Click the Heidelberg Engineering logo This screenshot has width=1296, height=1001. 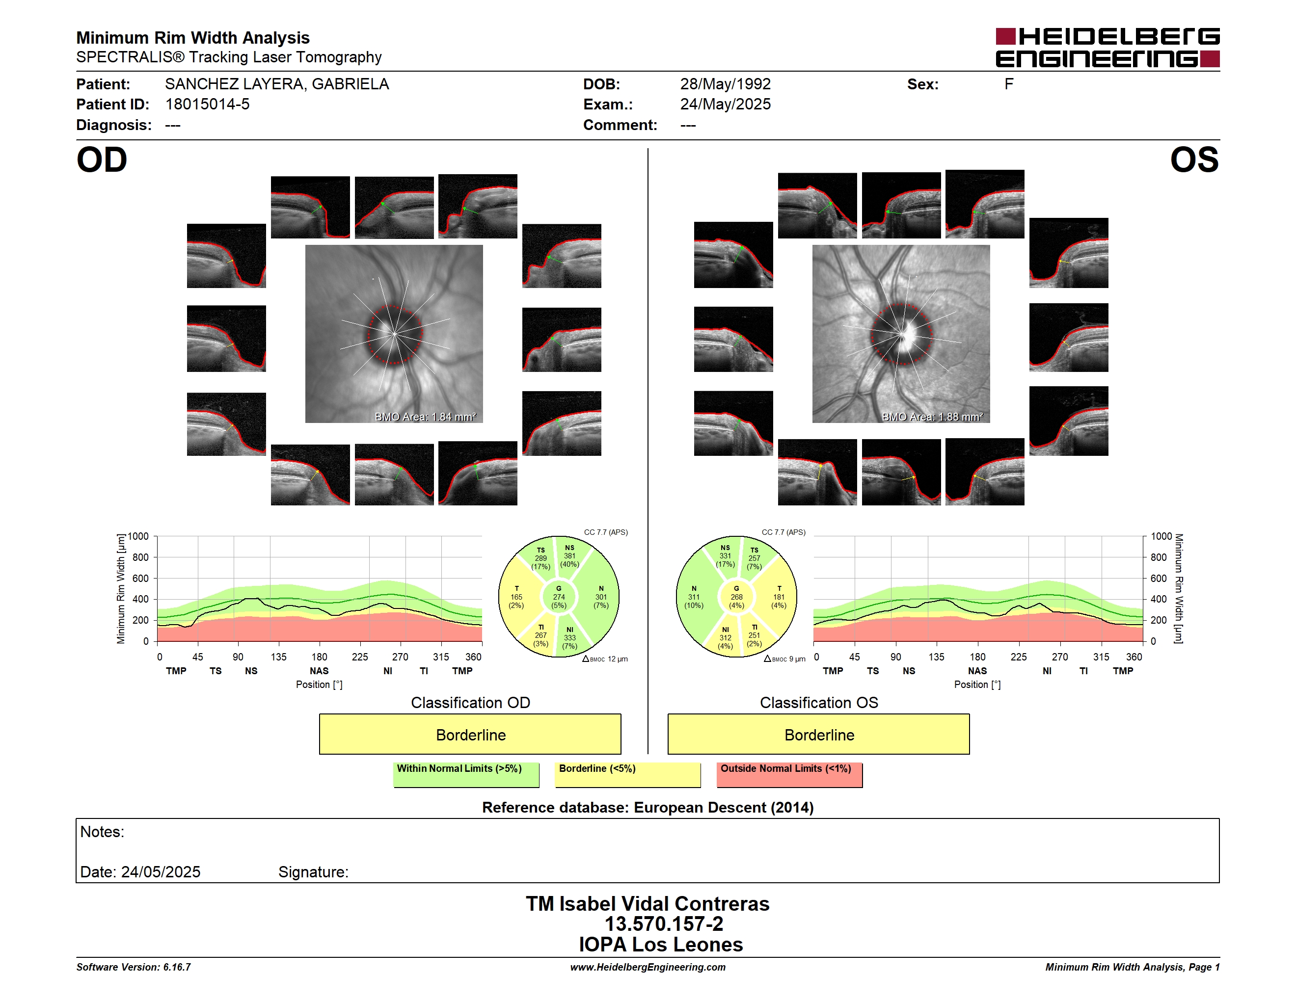[x=1107, y=48]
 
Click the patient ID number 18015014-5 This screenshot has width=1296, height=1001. [x=207, y=105]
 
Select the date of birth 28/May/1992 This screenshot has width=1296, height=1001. [x=725, y=84]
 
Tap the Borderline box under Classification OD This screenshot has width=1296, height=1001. [x=470, y=734]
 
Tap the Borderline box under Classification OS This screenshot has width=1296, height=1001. [x=819, y=734]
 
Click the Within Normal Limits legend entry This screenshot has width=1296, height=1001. [x=466, y=774]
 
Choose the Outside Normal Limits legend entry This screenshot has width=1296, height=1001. [x=789, y=774]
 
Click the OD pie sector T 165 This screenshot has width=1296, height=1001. [x=516, y=597]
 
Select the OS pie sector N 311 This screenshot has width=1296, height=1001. [x=694, y=597]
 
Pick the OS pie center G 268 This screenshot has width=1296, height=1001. [x=736, y=597]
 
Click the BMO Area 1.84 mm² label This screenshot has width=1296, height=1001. [x=426, y=417]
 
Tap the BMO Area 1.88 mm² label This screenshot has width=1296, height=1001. [x=932, y=417]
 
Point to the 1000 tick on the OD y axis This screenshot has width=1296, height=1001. [x=138, y=536]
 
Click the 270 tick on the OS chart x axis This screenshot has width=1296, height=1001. [x=1060, y=657]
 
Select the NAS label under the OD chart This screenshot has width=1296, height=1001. [x=319, y=671]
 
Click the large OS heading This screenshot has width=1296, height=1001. [x=1194, y=159]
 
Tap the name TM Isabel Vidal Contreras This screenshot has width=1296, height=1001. [x=648, y=903]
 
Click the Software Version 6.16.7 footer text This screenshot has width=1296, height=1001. [x=134, y=967]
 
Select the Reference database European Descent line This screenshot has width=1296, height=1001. [x=648, y=807]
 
